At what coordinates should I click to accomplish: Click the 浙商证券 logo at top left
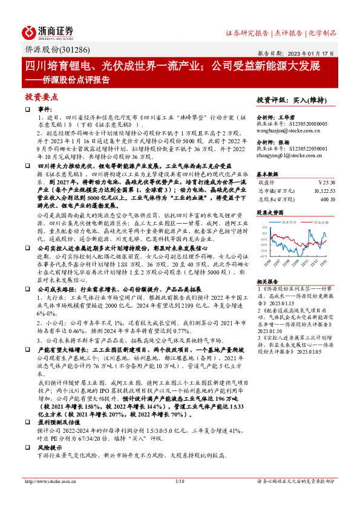(x=48, y=31)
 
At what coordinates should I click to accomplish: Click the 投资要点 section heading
(x=41, y=97)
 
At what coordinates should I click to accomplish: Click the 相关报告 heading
(x=267, y=282)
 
